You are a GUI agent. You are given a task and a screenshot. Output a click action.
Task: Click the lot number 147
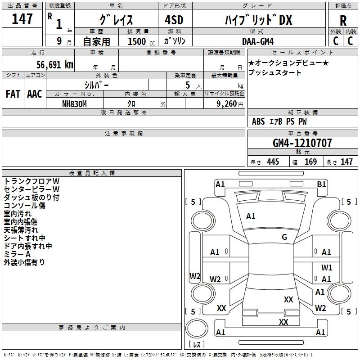click(x=22, y=19)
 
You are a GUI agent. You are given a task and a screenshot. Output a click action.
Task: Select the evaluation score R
click(x=343, y=20)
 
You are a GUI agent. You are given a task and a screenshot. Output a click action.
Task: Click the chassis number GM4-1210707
click(x=302, y=143)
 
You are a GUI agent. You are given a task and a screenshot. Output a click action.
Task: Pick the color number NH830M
click(x=74, y=103)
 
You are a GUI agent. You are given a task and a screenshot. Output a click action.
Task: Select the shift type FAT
click(x=13, y=94)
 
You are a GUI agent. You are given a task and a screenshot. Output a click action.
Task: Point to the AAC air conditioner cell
click(x=35, y=94)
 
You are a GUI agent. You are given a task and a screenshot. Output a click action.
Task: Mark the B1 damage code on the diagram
click(x=321, y=184)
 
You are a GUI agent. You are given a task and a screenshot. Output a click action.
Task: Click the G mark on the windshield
click(x=284, y=237)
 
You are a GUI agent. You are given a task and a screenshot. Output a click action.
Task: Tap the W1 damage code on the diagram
click(x=327, y=267)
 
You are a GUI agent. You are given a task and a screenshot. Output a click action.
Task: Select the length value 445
click(x=273, y=162)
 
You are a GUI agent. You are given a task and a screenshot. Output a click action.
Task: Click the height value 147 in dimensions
click(x=346, y=162)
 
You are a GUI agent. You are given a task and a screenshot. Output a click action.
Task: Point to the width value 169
click(x=311, y=162)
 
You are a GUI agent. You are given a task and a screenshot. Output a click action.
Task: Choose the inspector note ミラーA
click(x=17, y=254)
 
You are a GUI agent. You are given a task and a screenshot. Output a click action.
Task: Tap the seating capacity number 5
click(x=187, y=85)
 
